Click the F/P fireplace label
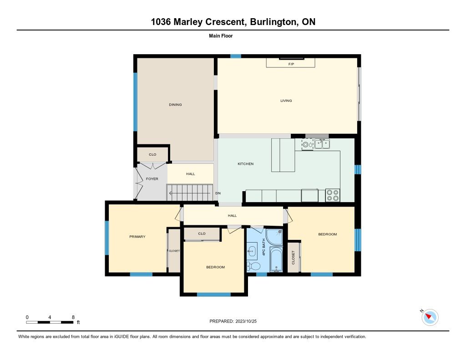pos(291,64)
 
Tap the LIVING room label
pos(286,101)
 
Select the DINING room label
pos(175,105)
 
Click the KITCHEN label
pos(245,164)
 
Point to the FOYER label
pos(152,179)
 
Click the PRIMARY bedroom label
pos(137,237)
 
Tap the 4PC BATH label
pos(263,247)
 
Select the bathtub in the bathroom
pos(276,260)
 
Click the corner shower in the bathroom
pos(274,237)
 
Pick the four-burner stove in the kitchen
pos(333,195)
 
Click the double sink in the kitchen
pos(322,144)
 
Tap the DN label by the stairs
pos(218,193)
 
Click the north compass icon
pos(430,317)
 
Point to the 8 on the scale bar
pos(73,317)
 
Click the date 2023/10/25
pos(246,321)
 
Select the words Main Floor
pos(221,35)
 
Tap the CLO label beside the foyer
pos(152,155)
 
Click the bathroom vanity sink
pos(252,251)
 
